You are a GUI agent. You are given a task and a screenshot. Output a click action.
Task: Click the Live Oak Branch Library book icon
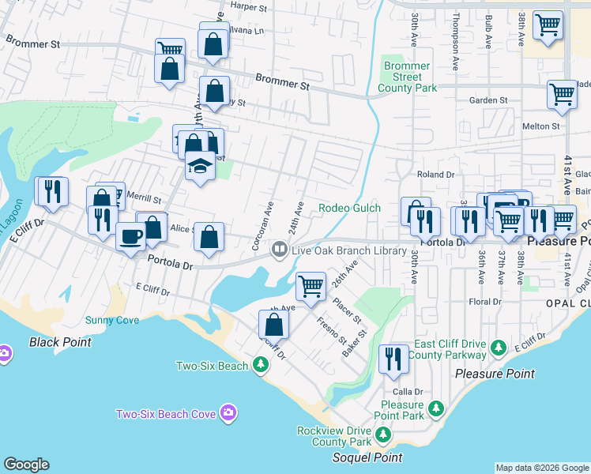[x=279, y=250]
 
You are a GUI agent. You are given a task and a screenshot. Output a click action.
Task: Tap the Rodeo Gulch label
[x=349, y=209]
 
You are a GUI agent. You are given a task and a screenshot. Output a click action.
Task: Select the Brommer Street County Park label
[x=410, y=77]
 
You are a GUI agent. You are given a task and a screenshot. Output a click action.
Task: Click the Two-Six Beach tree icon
[x=261, y=365]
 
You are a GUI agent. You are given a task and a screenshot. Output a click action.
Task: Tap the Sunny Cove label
[x=112, y=321]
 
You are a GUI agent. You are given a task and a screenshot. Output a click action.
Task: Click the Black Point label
[x=60, y=342]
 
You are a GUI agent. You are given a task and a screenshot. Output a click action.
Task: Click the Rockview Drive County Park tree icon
[x=383, y=434]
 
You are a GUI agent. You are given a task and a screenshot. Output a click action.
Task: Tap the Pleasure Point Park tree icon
[x=435, y=408]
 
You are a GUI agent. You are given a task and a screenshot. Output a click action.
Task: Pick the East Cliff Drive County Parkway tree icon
[x=499, y=348]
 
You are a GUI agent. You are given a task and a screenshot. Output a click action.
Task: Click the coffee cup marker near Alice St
[x=130, y=235]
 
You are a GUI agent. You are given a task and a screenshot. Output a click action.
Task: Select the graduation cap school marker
[x=201, y=168]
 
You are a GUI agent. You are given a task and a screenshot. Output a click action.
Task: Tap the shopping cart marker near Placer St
[x=311, y=285]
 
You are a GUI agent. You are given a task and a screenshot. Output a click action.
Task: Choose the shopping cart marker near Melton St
[x=562, y=94]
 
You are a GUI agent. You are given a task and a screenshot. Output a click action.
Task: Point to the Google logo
[x=26, y=465]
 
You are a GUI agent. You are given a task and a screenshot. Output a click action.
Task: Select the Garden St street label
[x=488, y=100]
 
